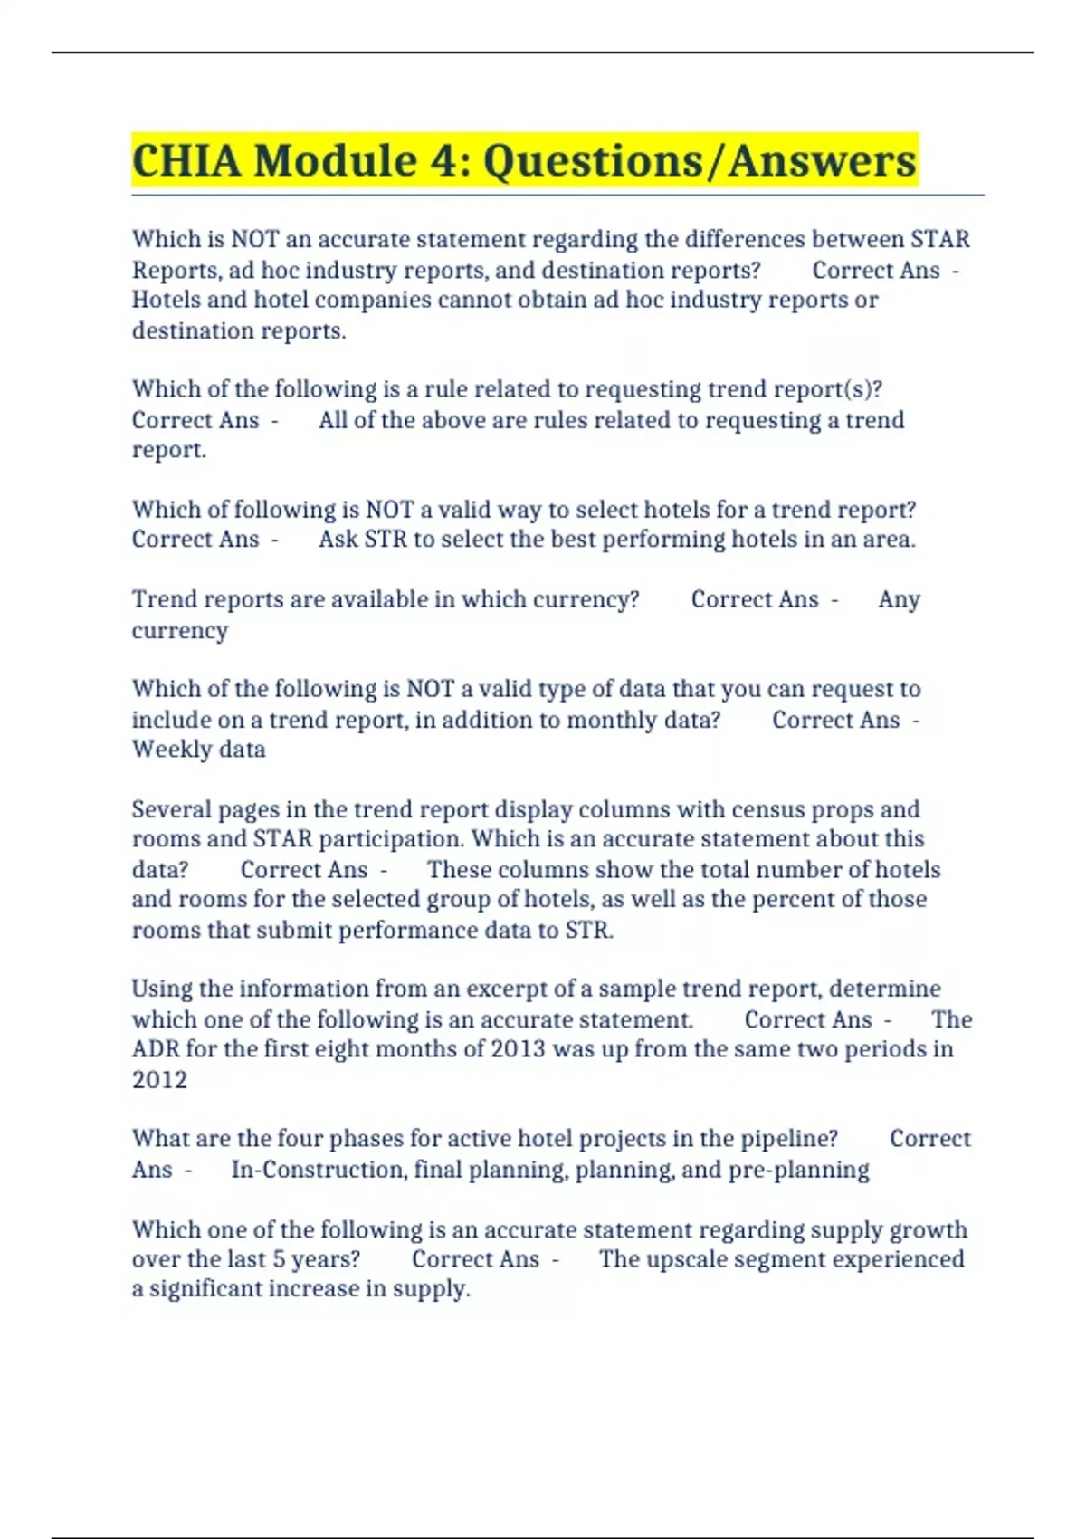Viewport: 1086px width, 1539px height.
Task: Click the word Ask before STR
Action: click(338, 540)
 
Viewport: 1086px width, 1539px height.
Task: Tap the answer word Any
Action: click(899, 599)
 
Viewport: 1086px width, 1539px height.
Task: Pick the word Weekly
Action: click(173, 750)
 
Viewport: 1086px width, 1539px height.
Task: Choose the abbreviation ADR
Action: click(155, 1049)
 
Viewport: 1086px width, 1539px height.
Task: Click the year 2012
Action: click(159, 1080)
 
